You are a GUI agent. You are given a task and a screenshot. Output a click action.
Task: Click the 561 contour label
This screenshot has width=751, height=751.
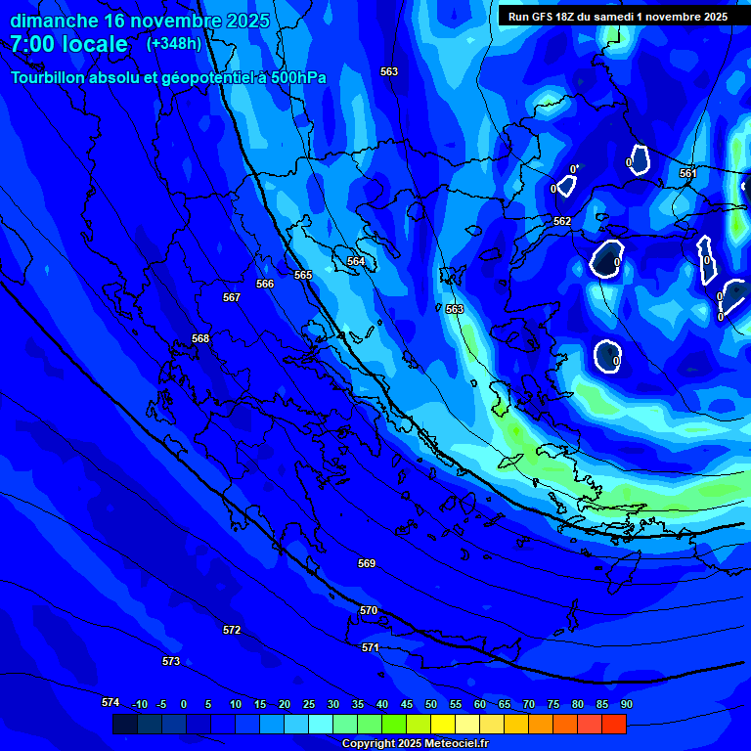click(687, 173)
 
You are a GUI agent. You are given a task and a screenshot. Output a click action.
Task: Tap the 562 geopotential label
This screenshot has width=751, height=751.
click(562, 222)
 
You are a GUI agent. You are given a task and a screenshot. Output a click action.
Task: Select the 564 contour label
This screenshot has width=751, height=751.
click(356, 261)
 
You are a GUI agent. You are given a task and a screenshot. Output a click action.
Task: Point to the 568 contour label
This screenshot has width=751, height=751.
click(200, 338)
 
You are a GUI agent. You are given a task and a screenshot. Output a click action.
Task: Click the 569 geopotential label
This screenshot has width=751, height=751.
click(367, 563)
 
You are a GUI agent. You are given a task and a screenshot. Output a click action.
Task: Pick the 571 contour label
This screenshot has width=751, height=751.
click(371, 647)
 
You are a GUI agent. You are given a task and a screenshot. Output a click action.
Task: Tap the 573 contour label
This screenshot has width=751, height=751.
click(171, 661)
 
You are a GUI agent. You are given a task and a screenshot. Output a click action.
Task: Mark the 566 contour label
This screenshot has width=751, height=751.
click(265, 284)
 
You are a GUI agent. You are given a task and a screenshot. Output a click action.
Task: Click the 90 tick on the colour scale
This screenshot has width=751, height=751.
click(626, 704)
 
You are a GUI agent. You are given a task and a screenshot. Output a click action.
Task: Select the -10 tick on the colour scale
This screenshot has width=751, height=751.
click(140, 704)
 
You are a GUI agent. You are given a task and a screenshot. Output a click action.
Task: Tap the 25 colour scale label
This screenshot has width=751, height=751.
click(308, 704)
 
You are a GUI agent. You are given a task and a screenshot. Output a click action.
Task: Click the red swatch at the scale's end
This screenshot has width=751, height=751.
click(613, 724)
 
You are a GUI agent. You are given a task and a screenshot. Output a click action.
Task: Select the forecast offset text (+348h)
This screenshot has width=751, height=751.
click(173, 44)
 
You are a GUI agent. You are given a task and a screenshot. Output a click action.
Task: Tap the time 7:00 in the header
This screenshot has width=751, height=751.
click(32, 44)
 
